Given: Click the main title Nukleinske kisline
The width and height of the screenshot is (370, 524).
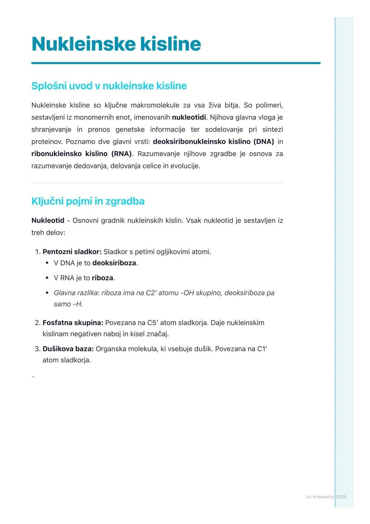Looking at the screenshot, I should coord(116,44).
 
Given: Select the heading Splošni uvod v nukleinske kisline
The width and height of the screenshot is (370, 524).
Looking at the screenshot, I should coord(109,86).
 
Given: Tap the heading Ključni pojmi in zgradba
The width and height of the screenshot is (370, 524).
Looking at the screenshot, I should coord(88,201).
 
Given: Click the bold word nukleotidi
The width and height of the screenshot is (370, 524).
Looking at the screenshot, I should coord(189,117).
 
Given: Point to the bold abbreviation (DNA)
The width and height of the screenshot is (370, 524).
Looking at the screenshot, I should coord(263,142).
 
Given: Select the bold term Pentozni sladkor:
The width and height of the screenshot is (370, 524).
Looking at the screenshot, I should coord(72,252).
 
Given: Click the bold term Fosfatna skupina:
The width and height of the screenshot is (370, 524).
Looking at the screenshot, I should coord(73,323).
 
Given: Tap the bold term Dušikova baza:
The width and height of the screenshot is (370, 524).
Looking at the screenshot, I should coord(68,349).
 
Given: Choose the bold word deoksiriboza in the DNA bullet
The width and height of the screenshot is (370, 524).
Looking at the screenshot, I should coord(114,263).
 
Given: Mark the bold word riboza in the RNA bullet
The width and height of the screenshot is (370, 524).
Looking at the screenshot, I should coord(102,278).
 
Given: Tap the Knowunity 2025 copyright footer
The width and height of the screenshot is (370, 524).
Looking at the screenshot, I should coord(326,497).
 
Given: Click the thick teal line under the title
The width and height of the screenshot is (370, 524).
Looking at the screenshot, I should coord(176,63).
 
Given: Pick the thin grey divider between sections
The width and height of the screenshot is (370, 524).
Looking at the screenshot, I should coord(157,183).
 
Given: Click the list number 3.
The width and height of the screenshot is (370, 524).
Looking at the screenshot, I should coord(37,349).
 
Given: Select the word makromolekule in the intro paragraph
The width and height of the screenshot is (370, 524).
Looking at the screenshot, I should coord(155,105).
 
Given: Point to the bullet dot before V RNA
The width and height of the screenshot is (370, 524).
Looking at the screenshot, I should coord(47,278).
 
